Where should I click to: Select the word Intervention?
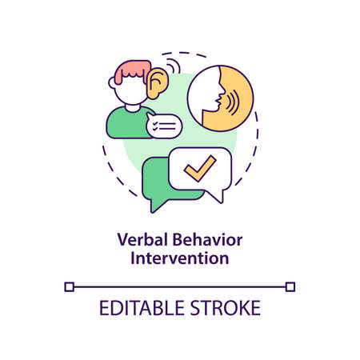pyautogui.click(x=180, y=259)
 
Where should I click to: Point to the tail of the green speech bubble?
pyautogui.click(x=156, y=206)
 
